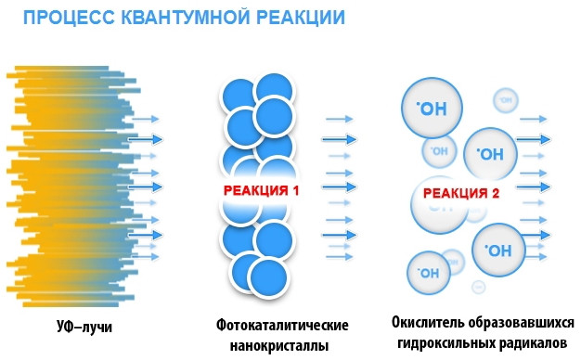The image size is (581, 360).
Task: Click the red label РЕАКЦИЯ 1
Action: (263, 189)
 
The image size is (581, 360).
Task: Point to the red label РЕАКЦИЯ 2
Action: (461, 194)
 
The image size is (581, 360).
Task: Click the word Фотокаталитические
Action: (282, 328)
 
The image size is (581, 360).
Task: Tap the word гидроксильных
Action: (444, 344)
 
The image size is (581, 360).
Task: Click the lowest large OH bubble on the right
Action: (499, 251)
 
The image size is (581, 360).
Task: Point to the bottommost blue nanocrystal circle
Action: (263, 277)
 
